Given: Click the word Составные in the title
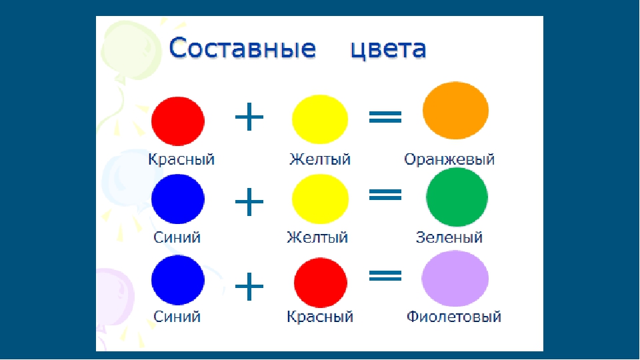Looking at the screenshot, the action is coord(243,48).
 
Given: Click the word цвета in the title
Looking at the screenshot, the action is coord(388,49).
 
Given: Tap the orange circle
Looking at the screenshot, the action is coord(455,110).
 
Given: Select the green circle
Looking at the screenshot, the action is coord(457,197).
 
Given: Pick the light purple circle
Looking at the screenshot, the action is coord(455,279).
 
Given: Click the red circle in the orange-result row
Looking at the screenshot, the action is coord(178,121).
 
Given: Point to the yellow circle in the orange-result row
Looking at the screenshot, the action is coord(320,119).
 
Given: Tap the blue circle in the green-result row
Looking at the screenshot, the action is coord(178,199).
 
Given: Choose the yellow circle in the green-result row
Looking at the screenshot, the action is coord(321,199).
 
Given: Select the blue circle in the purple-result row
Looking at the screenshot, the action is coord(178,280).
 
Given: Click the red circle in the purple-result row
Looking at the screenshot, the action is coord(321,283).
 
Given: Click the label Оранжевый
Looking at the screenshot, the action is coord(449,159).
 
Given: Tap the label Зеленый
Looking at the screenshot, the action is coord(449,237).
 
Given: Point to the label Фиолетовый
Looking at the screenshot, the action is coord(454,316).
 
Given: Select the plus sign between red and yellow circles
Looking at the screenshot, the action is coord(249,117).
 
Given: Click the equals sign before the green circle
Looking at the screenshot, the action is coord(385,194).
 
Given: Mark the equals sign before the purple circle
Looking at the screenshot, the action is coord(385,275).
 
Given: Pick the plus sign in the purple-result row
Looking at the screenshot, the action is coord(249,286).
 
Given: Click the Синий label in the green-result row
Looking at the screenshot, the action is coord(177,237).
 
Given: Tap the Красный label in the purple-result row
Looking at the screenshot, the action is coord(320,317).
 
